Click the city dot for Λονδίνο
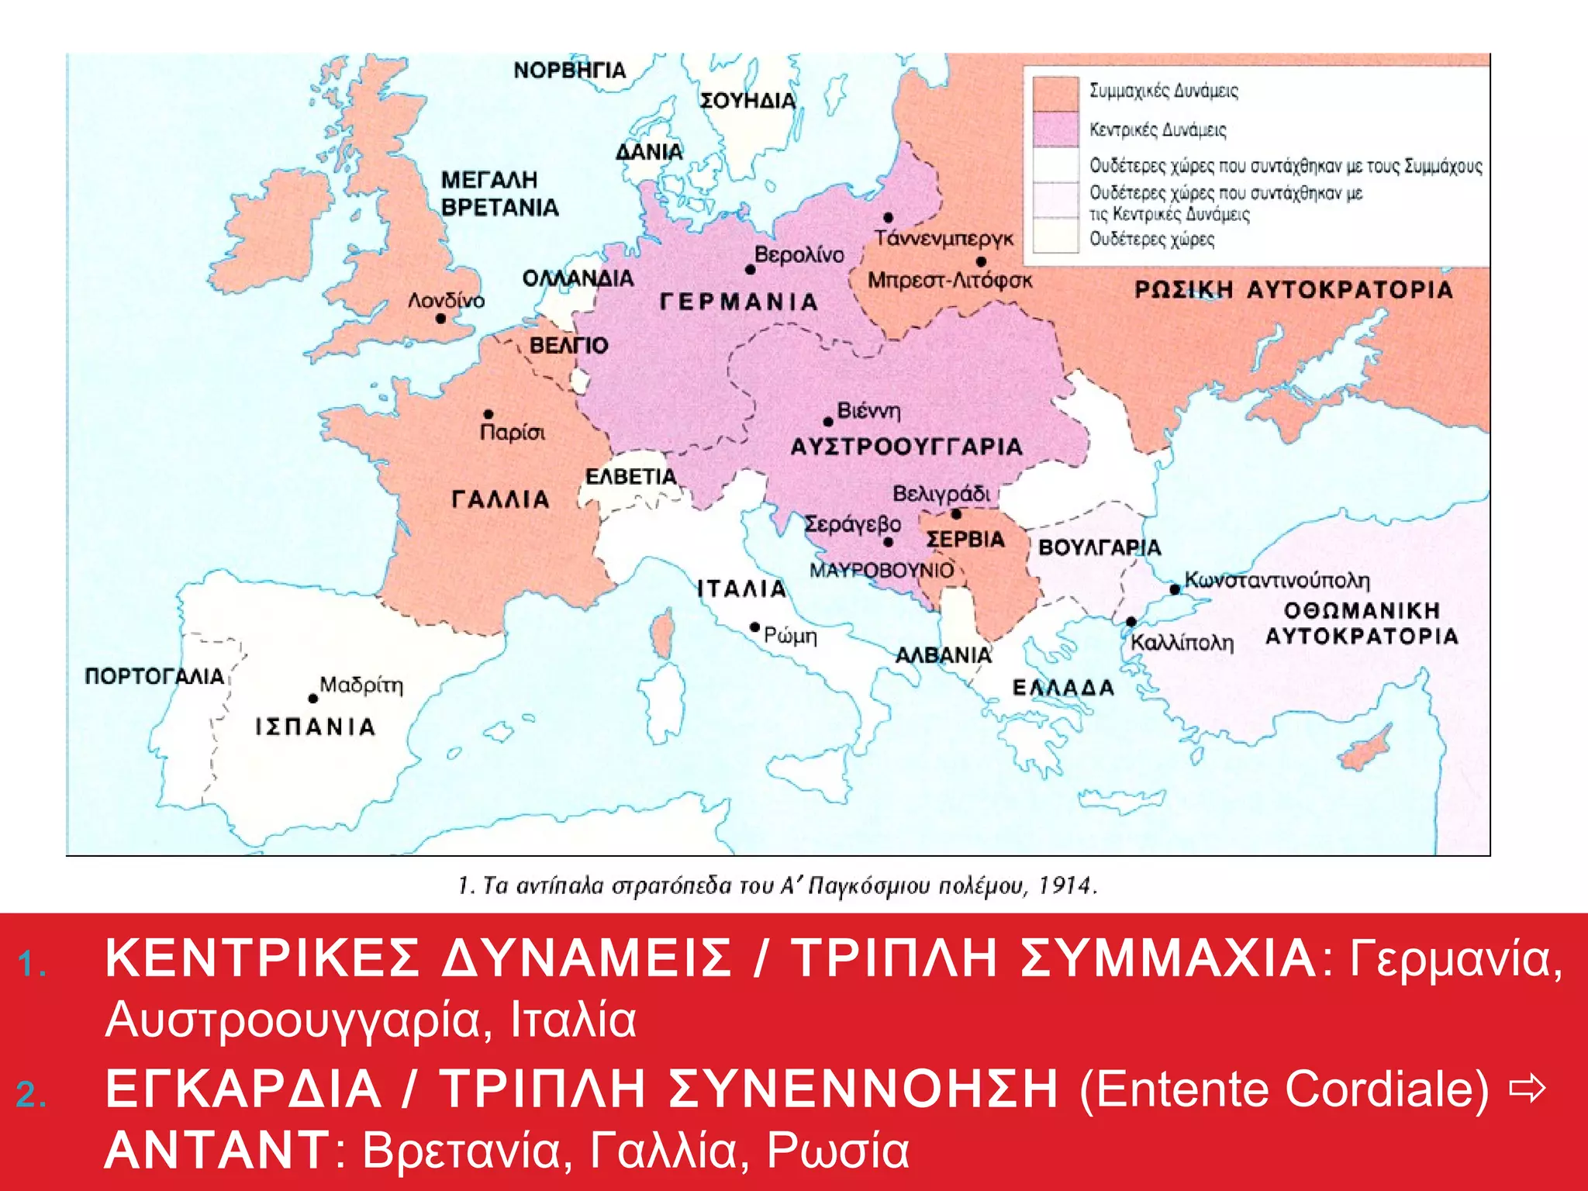(440, 319)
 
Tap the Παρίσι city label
(513, 432)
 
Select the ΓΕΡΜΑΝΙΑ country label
(739, 302)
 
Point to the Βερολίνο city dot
(750, 270)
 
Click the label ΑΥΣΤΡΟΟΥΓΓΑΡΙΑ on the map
(906, 447)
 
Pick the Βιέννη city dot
(828, 422)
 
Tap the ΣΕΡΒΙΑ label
(965, 539)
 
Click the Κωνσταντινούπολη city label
(1277, 580)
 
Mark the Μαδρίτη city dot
(313, 699)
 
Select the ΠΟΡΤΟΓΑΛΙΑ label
(154, 676)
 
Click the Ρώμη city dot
(754, 627)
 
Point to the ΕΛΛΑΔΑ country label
(1063, 688)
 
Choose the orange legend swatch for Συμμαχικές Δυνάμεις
(1055, 93)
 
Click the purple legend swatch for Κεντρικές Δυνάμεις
(1055, 129)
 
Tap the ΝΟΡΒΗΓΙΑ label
(569, 71)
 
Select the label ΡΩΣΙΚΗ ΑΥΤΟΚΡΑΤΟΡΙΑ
(1293, 290)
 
